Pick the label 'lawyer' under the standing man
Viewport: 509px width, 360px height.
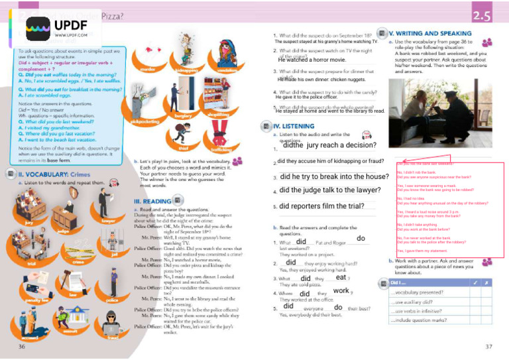[x=108, y=220]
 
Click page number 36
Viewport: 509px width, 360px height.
[x=22, y=346]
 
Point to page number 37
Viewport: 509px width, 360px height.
[x=488, y=346]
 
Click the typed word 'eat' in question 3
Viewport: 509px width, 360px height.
[x=341, y=278]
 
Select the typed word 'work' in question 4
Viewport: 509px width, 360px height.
[x=341, y=291]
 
